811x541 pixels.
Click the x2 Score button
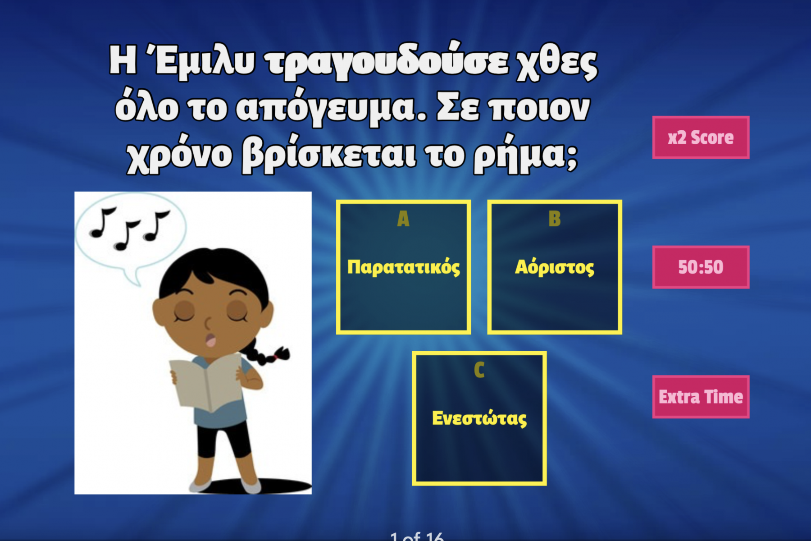click(701, 138)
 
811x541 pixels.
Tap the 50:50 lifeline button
click(701, 267)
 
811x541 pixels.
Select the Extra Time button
click(701, 397)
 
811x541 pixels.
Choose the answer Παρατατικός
click(403, 267)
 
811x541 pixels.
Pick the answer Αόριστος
click(555, 267)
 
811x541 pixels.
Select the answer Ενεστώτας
click(479, 418)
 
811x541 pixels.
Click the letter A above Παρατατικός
click(403, 219)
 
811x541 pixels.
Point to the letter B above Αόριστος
click(555, 219)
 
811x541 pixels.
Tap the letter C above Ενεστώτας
click(479, 370)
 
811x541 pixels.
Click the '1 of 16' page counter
click(417, 536)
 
